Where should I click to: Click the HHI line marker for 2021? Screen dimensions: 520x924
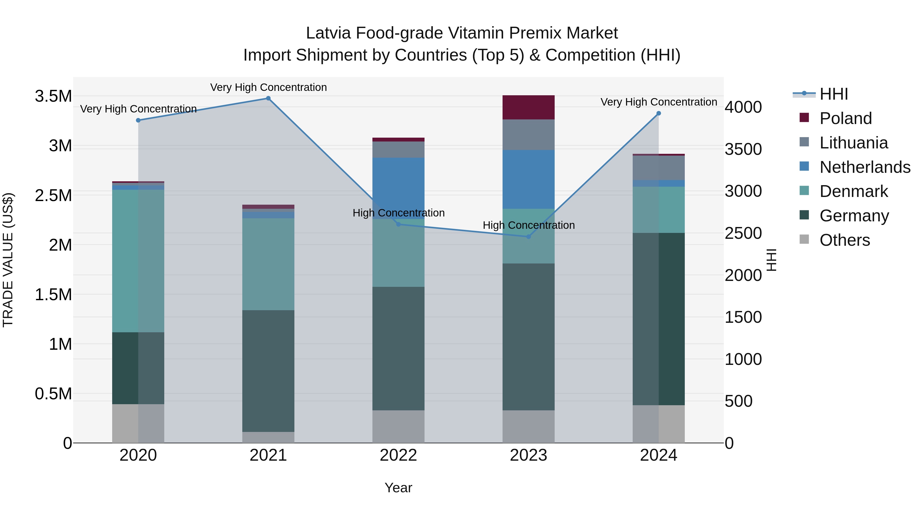268,98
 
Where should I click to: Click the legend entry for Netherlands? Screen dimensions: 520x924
864,167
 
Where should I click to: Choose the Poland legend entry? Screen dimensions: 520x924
845,118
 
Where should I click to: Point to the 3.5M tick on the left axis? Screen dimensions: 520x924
53,96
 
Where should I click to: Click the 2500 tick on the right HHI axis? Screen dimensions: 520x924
743,233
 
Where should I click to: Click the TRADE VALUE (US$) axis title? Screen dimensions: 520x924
8,260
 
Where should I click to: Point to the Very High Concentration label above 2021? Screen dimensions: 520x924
268,87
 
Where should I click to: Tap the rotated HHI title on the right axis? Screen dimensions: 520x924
771,260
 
